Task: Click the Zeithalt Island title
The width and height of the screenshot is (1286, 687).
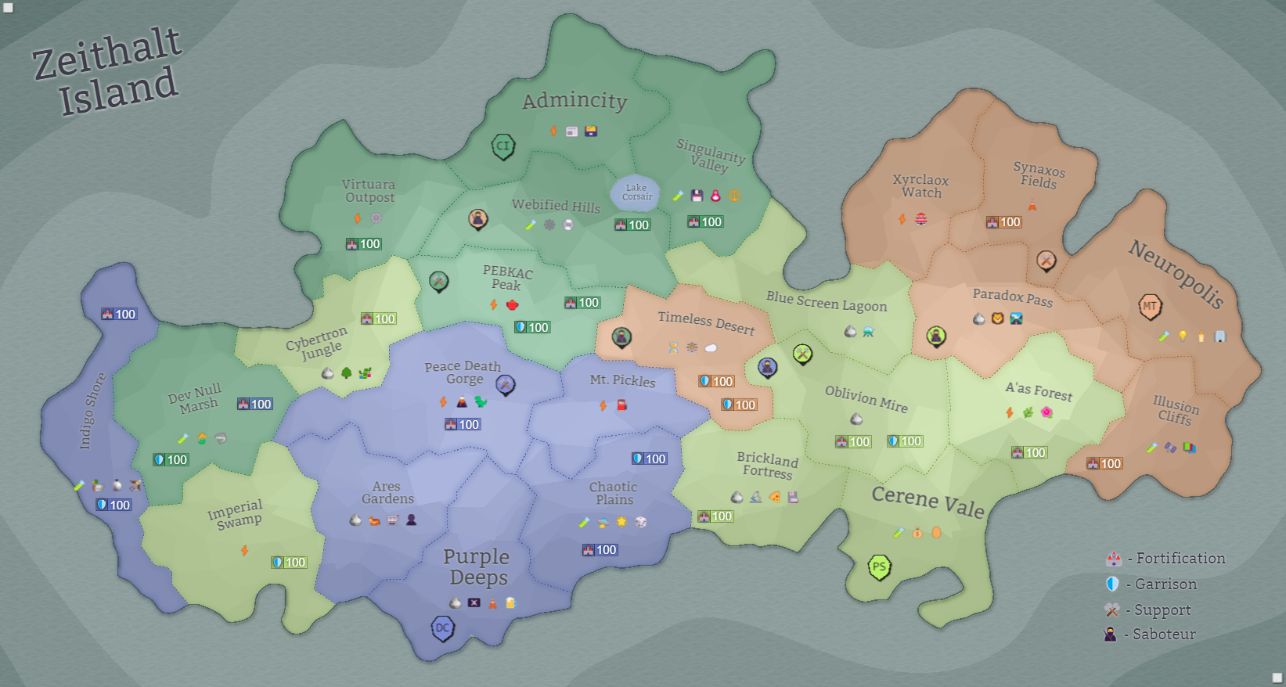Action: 107,72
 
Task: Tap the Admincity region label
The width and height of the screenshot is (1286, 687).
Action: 575,101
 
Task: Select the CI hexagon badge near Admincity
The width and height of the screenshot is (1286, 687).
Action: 503,146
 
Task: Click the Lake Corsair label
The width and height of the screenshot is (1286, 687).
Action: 636,192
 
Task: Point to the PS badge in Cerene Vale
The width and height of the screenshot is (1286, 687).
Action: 880,567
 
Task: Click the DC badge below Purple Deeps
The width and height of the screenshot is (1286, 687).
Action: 443,628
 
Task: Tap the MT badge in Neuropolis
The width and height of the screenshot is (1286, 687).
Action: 1149,306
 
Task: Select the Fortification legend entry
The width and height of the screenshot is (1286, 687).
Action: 1166,559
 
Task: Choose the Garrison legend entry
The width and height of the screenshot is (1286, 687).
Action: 1151,584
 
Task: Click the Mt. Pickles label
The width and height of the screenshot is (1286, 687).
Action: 622,380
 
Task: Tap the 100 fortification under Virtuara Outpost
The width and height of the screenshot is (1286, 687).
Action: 363,244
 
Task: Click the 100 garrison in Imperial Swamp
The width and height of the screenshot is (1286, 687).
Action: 289,563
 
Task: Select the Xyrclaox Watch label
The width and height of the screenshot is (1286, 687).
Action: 921,186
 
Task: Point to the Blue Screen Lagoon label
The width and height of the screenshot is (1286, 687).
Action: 827,302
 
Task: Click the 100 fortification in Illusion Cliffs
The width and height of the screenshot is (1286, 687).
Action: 1104,464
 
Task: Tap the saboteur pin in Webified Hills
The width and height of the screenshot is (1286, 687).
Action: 478,218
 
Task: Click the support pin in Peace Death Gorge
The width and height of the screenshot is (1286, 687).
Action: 506,384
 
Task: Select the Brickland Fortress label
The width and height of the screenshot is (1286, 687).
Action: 767,466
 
